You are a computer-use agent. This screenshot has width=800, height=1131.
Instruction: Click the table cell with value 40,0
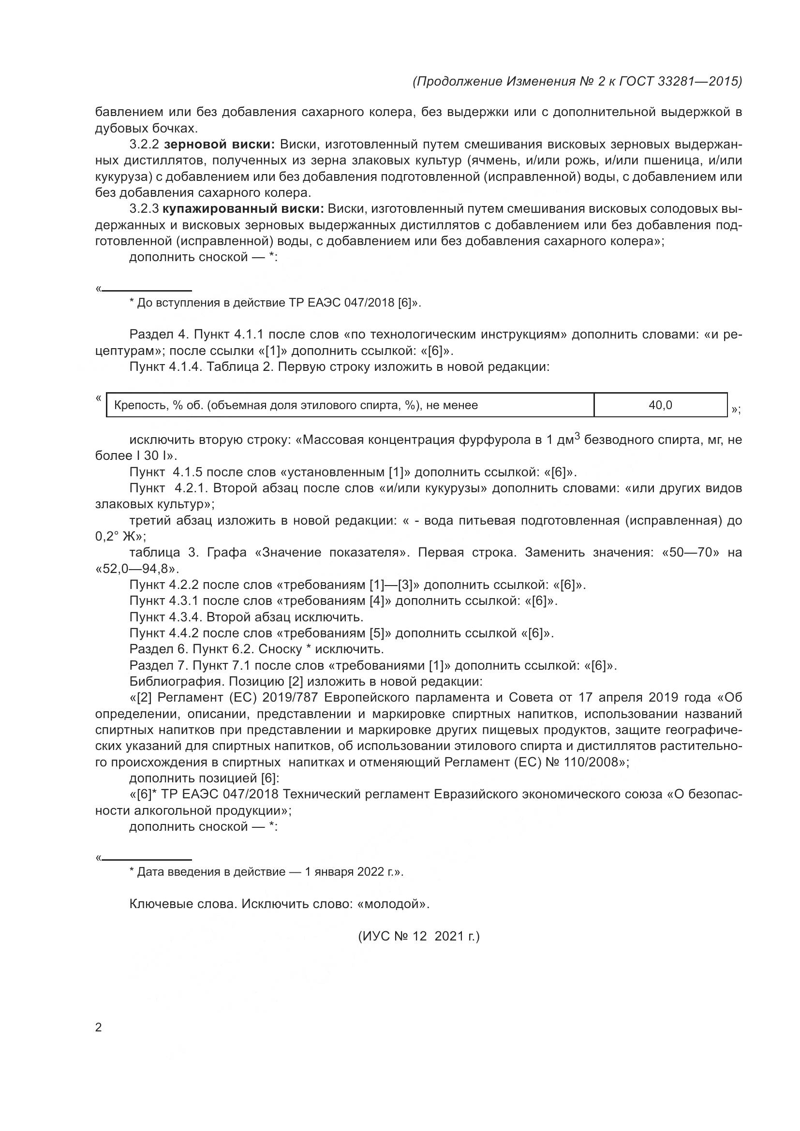[660, 405]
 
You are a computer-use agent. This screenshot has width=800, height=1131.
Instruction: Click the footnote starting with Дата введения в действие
[266, 872]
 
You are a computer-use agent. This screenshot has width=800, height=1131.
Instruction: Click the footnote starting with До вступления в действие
[275, 302]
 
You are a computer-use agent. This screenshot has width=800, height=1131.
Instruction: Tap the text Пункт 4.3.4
[165, 617]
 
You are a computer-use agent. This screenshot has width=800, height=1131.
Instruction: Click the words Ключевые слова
[183, 904]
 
